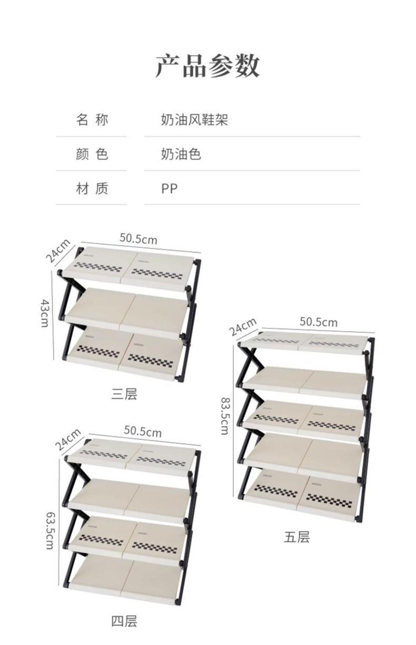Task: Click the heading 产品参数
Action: (x=207, y=66)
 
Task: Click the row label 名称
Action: (x=92, y=120)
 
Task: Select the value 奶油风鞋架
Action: (x=194, y=120)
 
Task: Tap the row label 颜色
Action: (x=92, y=154)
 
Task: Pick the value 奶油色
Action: (x=181, y=154)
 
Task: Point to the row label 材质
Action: (x=92, y=188)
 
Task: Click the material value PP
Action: (x=169, y=188)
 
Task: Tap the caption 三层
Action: (x=124, y=393)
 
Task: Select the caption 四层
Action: (x=124, y=621)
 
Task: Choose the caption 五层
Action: (x=297, y=537)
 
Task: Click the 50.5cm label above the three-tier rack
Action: (x=138, y=239)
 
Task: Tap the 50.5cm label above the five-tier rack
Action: (x=319, y=321)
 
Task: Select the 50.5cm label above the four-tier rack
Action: (x=143, y=431)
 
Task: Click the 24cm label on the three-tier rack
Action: (x=57, y=251)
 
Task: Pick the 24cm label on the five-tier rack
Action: (x=242, y=327)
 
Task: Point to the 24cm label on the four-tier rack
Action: (x=68, y=439)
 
